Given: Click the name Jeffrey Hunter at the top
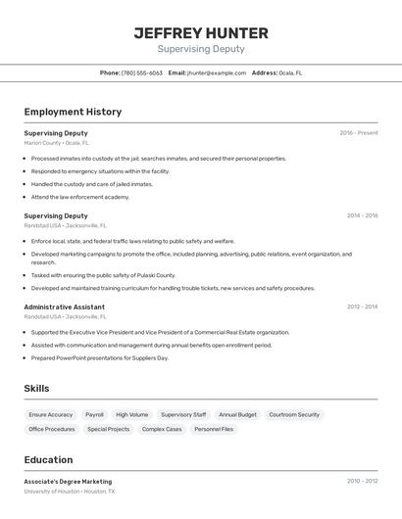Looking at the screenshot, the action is coord(201,32).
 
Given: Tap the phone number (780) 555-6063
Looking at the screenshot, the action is coord(142,72).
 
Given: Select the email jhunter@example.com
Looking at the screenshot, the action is coord(217,72).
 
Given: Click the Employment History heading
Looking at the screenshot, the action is coord(73,112).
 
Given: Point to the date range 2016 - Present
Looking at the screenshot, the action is coord(359,133).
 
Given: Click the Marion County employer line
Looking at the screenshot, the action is coord(56,143).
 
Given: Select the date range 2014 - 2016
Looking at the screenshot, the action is coord(362,215).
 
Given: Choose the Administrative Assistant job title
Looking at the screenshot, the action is coord(64,307).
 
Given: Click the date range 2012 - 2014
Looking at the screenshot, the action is coord(362,307).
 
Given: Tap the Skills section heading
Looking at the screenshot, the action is coord(36,389).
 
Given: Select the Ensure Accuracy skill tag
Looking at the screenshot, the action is coord(51,415).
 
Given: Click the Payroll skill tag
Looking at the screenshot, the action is coord(94,415).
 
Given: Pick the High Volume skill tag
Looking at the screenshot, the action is coord(131,415).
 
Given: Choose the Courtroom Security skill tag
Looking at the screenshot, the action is coord(294,415).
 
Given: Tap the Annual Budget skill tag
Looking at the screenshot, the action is coord(237,415).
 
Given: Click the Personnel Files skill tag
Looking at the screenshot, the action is coord(214,429).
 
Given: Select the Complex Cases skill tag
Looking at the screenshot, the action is coord(161,429).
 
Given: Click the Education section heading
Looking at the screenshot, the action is coord(48,460).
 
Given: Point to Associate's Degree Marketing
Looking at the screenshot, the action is coord(68,482).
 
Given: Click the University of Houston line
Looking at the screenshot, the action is coord(70,492).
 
